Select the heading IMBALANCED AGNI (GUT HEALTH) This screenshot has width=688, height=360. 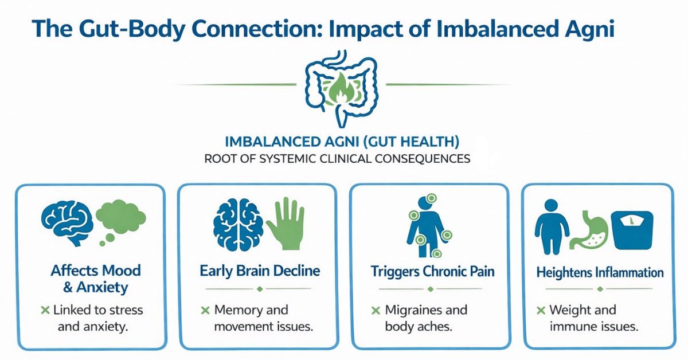(342, 142)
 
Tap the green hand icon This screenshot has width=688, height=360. (286, 224)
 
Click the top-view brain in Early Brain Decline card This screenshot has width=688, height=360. (238, 225)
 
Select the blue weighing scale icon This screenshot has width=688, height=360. (632, 230)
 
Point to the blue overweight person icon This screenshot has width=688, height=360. (552, 227)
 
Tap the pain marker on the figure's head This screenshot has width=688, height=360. (431, 198)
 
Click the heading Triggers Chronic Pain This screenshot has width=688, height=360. (432, 271)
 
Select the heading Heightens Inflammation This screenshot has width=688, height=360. (600, 272)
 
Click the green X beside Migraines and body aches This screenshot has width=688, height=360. (376, 311)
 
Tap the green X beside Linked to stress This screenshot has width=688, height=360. (45, 310)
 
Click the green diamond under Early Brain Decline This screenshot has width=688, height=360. (260, 289)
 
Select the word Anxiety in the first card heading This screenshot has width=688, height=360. (102, 288)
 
